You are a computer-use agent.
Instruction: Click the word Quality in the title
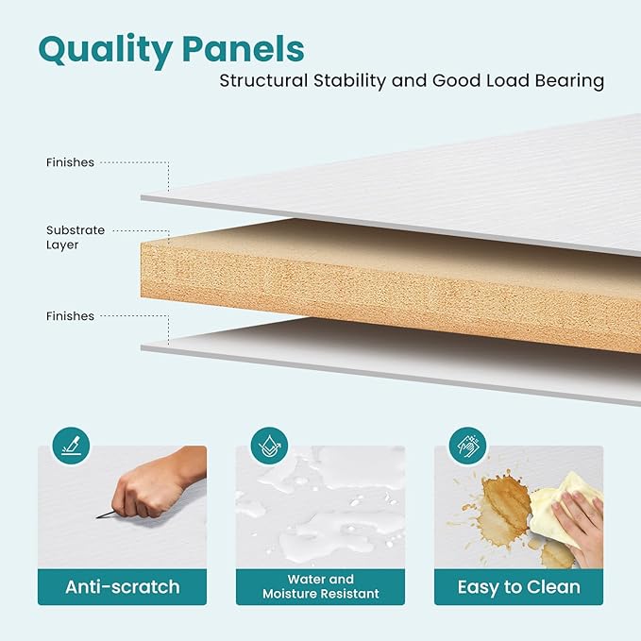click(105, 51)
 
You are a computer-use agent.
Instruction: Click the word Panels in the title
click(244, 49)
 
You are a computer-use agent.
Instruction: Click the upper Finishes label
click(70, 162)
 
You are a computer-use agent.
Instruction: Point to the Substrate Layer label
click(76, 238)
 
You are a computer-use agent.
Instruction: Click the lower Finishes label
click(70, 316)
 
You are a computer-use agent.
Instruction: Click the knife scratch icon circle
click(71, 446)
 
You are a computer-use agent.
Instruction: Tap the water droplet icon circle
click(269, 446)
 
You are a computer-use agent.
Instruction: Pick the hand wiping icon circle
click(467, 446)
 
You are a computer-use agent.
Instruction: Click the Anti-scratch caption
click(122, 587)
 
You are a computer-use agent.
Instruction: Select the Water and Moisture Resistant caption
click(321, 586)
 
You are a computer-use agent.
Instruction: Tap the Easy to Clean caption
click(519, 587)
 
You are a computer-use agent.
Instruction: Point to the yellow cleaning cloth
click(565, 507)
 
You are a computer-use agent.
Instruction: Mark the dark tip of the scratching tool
click(97, 517)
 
